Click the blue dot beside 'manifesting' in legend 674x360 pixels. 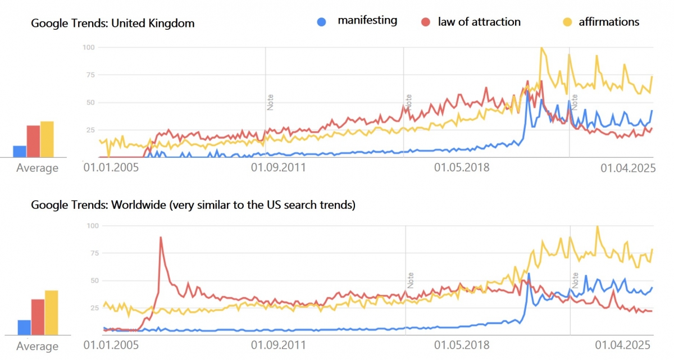322,22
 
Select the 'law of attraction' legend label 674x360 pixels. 479,22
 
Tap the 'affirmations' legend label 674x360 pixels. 609,22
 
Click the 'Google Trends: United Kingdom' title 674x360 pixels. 112,24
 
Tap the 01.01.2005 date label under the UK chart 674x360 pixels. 111,167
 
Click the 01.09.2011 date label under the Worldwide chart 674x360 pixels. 279,345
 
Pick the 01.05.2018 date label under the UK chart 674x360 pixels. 461,167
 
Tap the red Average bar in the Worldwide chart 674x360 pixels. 38,317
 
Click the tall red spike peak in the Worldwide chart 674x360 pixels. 161,238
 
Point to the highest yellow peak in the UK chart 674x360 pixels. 541,48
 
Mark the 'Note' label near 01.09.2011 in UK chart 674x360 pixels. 270,102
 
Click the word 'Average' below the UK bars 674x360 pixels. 37,168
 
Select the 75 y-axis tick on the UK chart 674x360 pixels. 88,75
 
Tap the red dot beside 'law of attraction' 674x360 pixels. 425,22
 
